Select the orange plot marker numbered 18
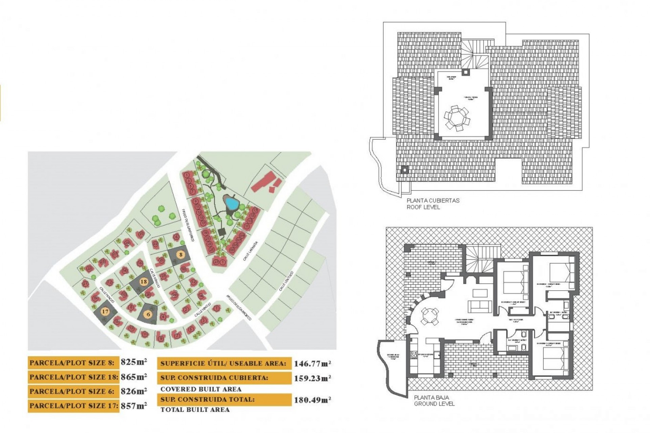144,282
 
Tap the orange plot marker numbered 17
105,312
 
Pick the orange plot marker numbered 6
148,314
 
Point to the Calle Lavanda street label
251,251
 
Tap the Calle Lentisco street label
286,281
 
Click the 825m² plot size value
134,362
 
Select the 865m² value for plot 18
134,377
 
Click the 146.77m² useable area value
312,364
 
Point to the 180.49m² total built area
312,400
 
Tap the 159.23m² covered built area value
312,379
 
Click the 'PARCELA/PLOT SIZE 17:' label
73,406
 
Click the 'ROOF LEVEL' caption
423,207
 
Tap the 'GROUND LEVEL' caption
434,404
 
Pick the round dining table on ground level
429,316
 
